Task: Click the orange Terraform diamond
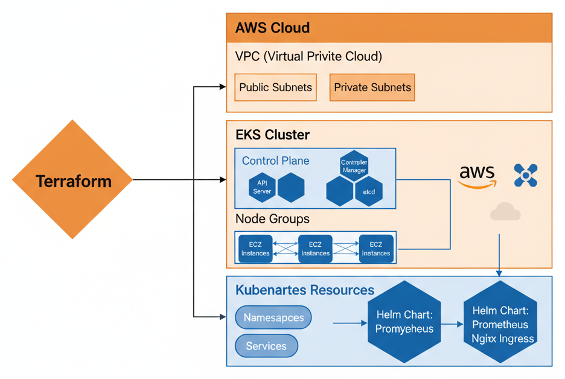click(72, 180)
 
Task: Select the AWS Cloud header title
click(272, 28)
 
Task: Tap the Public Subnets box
click(275, 88)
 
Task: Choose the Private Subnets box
click(372, 88)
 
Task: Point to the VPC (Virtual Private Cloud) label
click(308, 57)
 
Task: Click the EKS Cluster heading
click(272, 135)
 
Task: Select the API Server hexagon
click(262, 187)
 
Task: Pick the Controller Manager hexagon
click(354, 166)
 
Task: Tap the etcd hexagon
click(368, 191)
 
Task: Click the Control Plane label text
click(275, 161)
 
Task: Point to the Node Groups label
click(272, 218)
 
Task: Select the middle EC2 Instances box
click(315, 249)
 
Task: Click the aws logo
click(476, 176)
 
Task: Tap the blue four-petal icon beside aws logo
click(525, 175)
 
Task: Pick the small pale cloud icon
click(505, 212)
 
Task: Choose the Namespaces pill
click(273, 317)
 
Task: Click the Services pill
click(266, 346)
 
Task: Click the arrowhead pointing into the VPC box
click(222, 88)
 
